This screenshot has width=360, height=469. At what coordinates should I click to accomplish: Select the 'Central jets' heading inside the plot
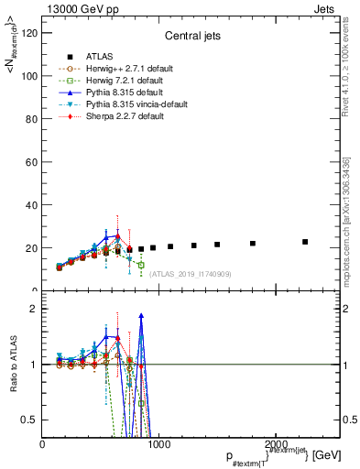(190, 38)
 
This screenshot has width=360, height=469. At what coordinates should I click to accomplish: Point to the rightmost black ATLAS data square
(305, 242)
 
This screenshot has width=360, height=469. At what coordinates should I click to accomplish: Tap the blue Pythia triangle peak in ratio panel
(141, 315)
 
